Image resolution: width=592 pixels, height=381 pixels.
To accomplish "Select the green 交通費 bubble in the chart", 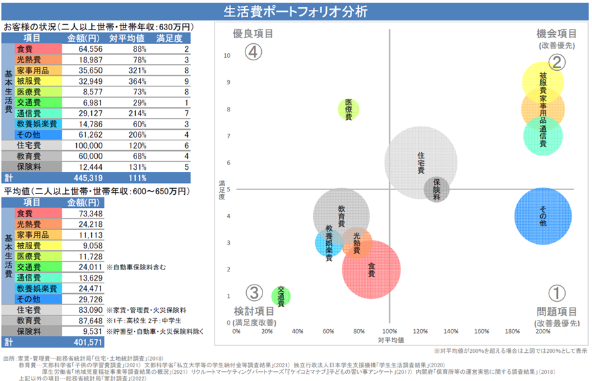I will point(281,296).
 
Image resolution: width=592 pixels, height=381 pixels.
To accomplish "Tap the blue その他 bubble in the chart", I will point(543,216).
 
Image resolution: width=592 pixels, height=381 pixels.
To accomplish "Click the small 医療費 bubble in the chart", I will point(349,110).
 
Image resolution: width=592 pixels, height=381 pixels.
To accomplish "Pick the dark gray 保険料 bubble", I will point(436,189).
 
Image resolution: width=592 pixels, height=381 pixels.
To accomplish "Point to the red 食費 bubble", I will point(371,268).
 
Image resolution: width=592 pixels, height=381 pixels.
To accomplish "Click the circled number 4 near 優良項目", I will point(254,52).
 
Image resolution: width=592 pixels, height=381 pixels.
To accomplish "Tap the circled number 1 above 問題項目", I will point(557,292).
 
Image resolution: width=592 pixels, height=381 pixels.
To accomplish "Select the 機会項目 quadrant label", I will point(557,33).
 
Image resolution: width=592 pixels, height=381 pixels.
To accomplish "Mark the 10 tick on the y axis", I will point(226,56).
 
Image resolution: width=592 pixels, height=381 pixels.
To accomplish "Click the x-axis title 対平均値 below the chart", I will point(390,340).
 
